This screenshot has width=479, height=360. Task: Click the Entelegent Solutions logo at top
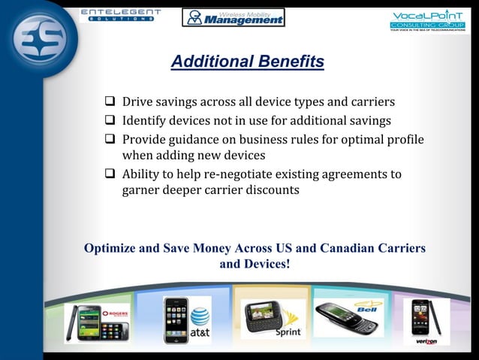click(x=119, y=14)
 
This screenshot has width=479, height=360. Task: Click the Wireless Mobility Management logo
click(x=233, y=17)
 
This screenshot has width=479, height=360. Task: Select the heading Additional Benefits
click(x=247, y=62)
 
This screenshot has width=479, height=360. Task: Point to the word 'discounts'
click(x=270, y=190)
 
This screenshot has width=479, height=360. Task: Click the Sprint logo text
click(x=288, y=331)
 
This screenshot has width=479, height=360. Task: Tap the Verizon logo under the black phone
click(x=426, y=340)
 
